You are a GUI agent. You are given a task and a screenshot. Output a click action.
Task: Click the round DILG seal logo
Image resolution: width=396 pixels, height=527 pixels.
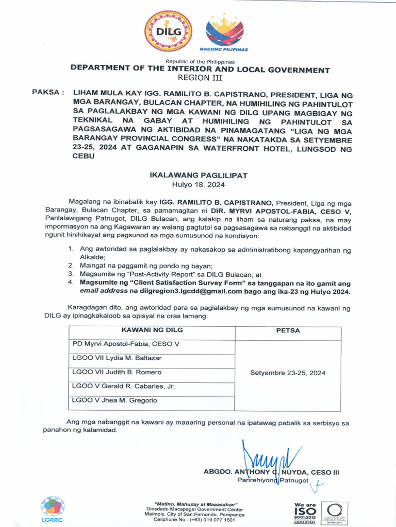click(168, 31)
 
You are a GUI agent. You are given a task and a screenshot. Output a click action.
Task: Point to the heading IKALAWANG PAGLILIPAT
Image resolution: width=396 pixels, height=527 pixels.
click(199, 175)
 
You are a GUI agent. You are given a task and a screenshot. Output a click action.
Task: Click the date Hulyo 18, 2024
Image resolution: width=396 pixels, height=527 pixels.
click(199, 184)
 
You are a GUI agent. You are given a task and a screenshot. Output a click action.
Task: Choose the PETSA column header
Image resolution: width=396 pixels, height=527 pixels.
click(288, 330)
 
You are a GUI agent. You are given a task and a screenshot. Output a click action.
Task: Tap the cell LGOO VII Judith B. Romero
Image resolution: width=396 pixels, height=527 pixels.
click(117, 372)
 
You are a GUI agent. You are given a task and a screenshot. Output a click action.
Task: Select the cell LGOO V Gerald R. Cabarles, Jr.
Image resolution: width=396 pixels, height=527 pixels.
click(123, 386)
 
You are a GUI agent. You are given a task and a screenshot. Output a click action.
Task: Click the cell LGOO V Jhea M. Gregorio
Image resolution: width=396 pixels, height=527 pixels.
click(114, 400)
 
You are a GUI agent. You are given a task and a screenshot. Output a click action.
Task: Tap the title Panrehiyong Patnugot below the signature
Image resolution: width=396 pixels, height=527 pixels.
click(273, 481)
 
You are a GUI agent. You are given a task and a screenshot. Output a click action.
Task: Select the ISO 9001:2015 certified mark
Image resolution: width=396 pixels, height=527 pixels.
click(305, 513)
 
